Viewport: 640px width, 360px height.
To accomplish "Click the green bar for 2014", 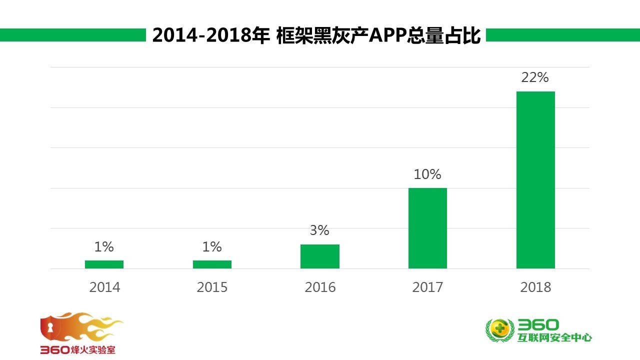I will pos(104,264).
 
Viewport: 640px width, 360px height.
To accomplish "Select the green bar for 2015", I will pos(212,264).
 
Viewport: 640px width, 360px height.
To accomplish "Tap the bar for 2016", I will pos(320,256).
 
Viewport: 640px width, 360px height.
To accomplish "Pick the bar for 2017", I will pos(427,228).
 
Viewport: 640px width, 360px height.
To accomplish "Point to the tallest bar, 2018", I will pos(535,180).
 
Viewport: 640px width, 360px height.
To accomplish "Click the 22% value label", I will pos(535,77).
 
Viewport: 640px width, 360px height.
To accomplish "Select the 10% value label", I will pos(427,174).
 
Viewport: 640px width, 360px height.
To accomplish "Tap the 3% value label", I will pos(319,230).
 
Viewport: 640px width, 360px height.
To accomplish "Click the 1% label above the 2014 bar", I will pos(104,246).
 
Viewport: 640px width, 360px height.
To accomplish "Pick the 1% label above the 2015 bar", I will pos(212,246).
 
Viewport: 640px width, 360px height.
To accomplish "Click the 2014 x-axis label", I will pos(104,287).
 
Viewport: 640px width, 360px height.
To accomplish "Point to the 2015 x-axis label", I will pos(212,287).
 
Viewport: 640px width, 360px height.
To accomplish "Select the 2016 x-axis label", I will pos(320,287).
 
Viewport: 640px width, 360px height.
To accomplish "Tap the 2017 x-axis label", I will pos(427,287).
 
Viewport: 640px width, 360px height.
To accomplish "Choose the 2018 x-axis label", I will pos(535,287).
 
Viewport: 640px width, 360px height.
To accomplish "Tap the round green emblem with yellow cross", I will pos(500,330).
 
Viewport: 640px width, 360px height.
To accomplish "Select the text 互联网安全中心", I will pos(555,337).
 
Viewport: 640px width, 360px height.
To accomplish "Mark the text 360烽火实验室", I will pos(78,350).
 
